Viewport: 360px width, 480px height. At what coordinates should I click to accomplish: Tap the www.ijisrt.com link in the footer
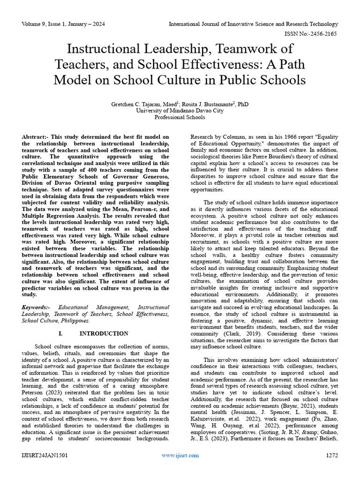(x=180, y=455)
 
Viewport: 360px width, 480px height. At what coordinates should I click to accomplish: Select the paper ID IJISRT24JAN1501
(x=45, y=455)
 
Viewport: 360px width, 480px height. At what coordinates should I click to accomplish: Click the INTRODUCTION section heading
(x=104, y=333)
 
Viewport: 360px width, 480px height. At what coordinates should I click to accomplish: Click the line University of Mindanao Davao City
(x=180, y=111)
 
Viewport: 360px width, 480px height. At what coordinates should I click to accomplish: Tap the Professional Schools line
(x=180, y=118)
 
